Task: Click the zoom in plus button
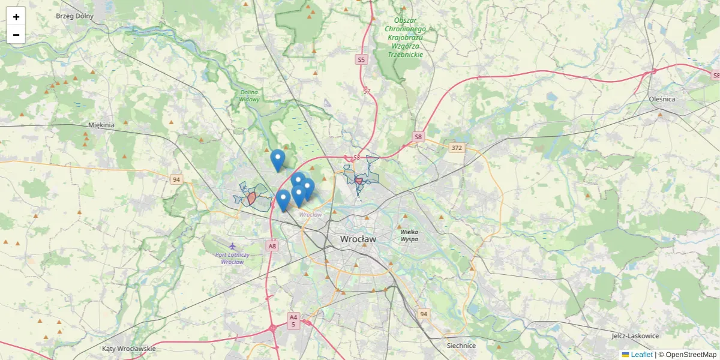coord(16,17)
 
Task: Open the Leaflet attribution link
coord(641,355)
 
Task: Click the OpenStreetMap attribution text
coord(691,355)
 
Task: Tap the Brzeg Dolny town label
coord(75,16)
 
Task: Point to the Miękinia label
coord(101,125)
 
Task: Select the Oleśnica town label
coord(662,99)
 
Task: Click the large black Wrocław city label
coord(358,239)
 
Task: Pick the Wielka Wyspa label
coord(409,235)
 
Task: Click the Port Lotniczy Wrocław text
coord(232,258)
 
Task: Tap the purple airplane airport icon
coord(232,246)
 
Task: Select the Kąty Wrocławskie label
coord(129,349)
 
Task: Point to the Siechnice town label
coord(461,346)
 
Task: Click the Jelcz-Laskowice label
coord(635,336)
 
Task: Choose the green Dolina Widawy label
coord(250,95)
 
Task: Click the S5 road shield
coord(361,59)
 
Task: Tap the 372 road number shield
coord(457,147)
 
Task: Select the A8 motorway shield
coord(272,246)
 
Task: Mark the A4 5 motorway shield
coord(293,320)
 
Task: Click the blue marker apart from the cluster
coord(277,160)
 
